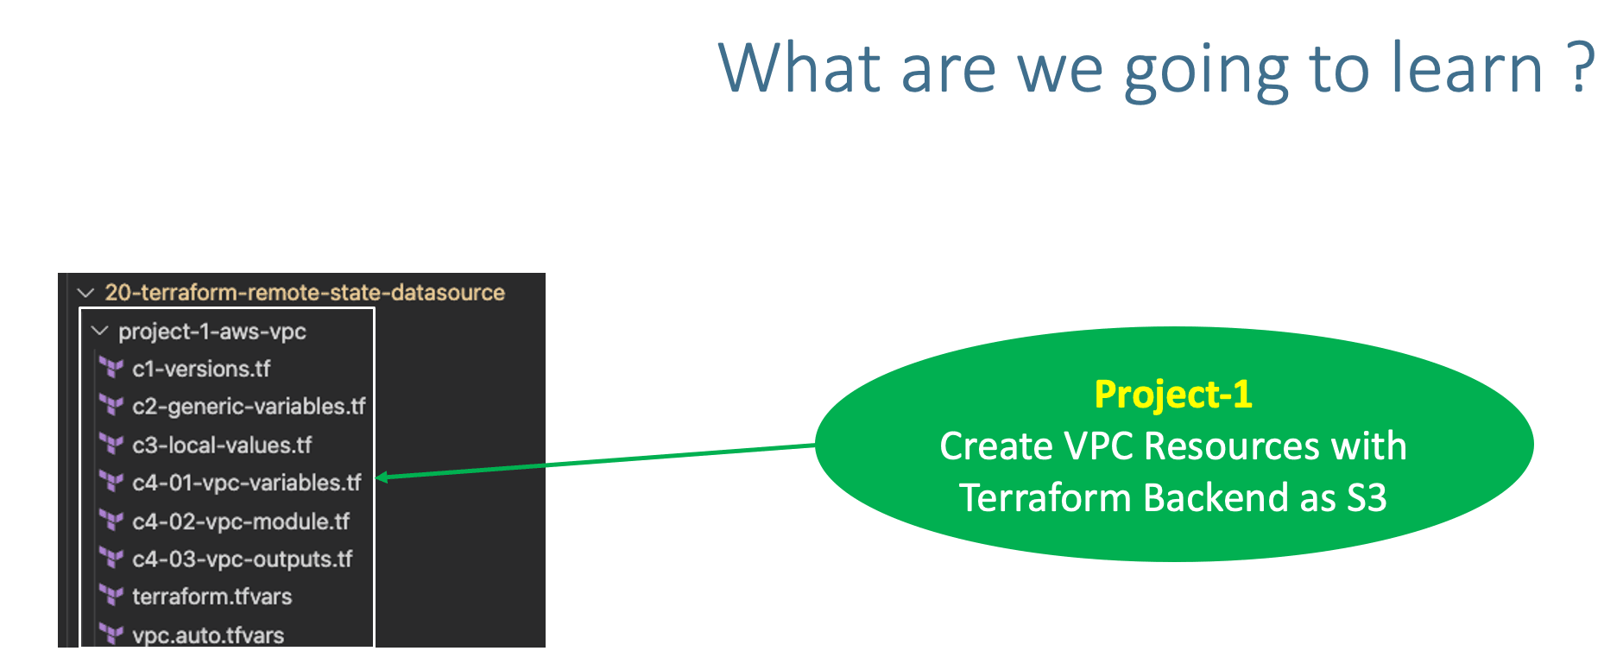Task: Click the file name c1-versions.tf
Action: [x=201, y=370]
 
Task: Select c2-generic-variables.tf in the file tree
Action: [x=249, y=407]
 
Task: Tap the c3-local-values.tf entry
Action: [x=222, y=446]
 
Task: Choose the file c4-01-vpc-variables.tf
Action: [x=247, y=484]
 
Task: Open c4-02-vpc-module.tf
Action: [x=241, y=521]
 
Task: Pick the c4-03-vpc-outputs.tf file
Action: [x=243, y=559]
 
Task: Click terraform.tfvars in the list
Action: [x=212, y=597]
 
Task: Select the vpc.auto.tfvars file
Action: [x=208, y=635]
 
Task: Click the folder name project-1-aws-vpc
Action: [x=212, y=332]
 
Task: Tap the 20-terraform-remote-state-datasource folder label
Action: [x=305, y=293]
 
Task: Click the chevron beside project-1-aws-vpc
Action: [x=100, y=332]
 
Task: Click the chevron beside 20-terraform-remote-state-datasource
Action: [x=85, y=293]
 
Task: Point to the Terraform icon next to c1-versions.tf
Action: [x=111, y=369]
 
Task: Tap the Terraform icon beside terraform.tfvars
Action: [x=111, y=596]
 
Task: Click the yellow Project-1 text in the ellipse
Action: [x=1172, y=395]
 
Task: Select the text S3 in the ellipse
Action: [x=1367, y=498]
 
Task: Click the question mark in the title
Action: [x=1582, y=69]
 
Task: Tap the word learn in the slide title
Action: [x=1467, y=69]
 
